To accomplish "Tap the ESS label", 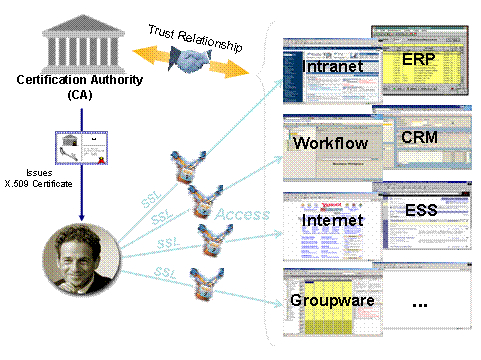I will (x=421, y=211).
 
